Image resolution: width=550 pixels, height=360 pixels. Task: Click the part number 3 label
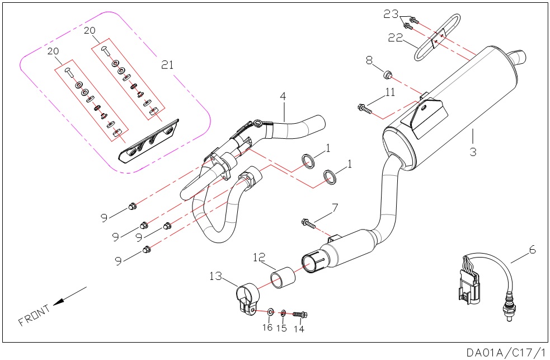click(473, 151)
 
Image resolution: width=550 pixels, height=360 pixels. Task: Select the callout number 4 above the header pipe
click(283, 96)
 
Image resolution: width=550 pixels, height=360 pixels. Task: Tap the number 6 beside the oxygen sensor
click(532, 250)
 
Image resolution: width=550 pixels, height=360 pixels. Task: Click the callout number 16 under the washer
click(267, 328)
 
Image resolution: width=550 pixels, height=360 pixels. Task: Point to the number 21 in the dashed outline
click(167, 65)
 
